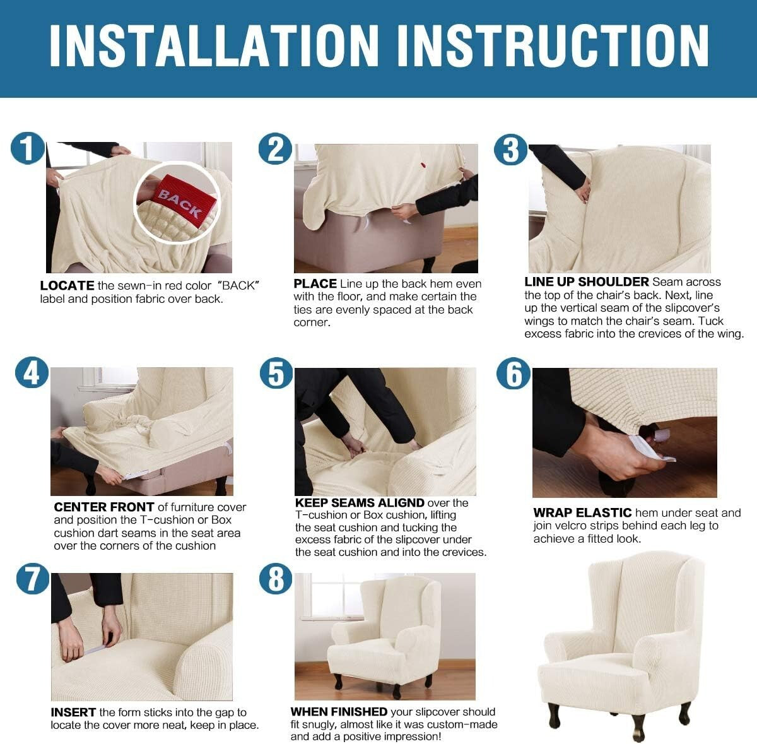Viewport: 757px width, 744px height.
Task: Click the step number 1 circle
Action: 27,149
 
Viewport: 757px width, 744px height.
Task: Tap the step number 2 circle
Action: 276,149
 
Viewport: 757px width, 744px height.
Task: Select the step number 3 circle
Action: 510,150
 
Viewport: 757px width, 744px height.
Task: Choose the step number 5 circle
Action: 276,373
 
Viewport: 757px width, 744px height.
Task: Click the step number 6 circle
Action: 513,373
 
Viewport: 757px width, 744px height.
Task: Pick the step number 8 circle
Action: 276,579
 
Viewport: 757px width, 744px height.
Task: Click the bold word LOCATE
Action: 67,286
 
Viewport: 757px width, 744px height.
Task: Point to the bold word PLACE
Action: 315,284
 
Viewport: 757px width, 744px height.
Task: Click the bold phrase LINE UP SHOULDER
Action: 586,282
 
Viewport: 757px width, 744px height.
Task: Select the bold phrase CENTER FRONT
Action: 104,507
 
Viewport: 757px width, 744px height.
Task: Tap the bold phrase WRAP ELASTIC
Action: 582,512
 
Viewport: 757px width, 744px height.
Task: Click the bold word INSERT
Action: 74,712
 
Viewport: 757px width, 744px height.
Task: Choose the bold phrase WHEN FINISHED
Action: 339,712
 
